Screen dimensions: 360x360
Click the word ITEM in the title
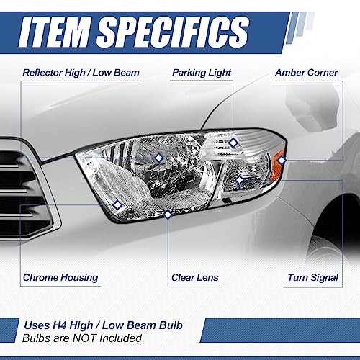pos(55,32)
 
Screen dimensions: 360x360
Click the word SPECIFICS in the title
pos(172,32)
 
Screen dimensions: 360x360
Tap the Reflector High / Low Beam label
pos(81,73)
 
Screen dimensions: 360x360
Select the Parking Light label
pos(202,73)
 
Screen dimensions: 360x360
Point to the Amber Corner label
pos(307,73)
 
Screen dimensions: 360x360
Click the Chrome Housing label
pos(60,277)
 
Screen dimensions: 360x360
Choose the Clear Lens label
pos(195,277)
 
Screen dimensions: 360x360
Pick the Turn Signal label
pos(313,277)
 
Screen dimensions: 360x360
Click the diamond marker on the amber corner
pos(282,160)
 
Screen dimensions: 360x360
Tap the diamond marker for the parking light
pos(233,143)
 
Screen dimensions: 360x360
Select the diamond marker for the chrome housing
pos(117,205)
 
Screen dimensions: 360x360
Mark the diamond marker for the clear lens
pos(168,214)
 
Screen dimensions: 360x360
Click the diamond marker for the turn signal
pos(240,180)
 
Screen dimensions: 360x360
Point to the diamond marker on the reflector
pos(158,158)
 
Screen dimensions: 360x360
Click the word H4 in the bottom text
pos(58,325)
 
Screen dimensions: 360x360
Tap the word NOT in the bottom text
pos(85,338)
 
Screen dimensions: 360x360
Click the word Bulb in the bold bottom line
pos(171,325)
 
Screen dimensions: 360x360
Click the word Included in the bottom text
pos(120,338)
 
